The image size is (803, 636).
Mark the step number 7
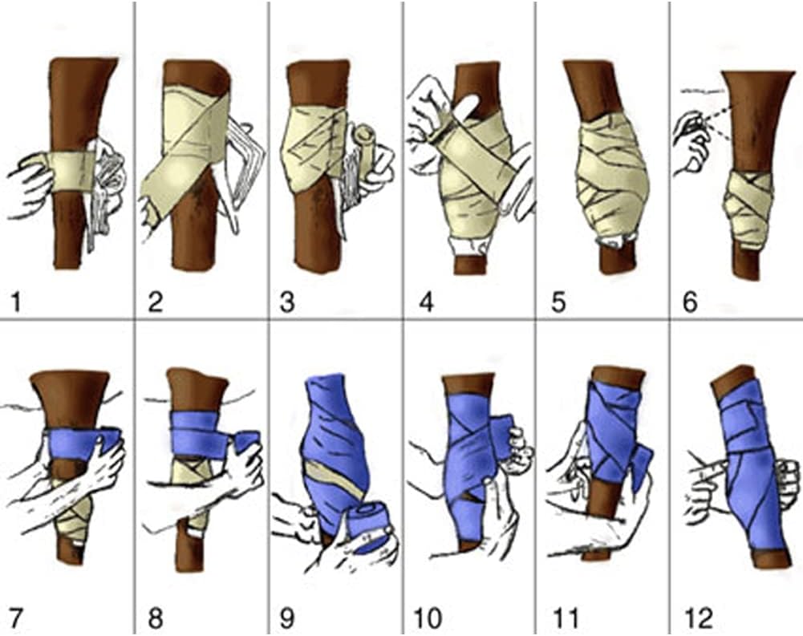(15, 618)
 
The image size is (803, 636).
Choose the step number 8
(155, 618)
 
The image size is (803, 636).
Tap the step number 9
(287, 618)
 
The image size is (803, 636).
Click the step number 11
(566, 618)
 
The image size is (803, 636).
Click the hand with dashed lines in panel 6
(691, 142)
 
